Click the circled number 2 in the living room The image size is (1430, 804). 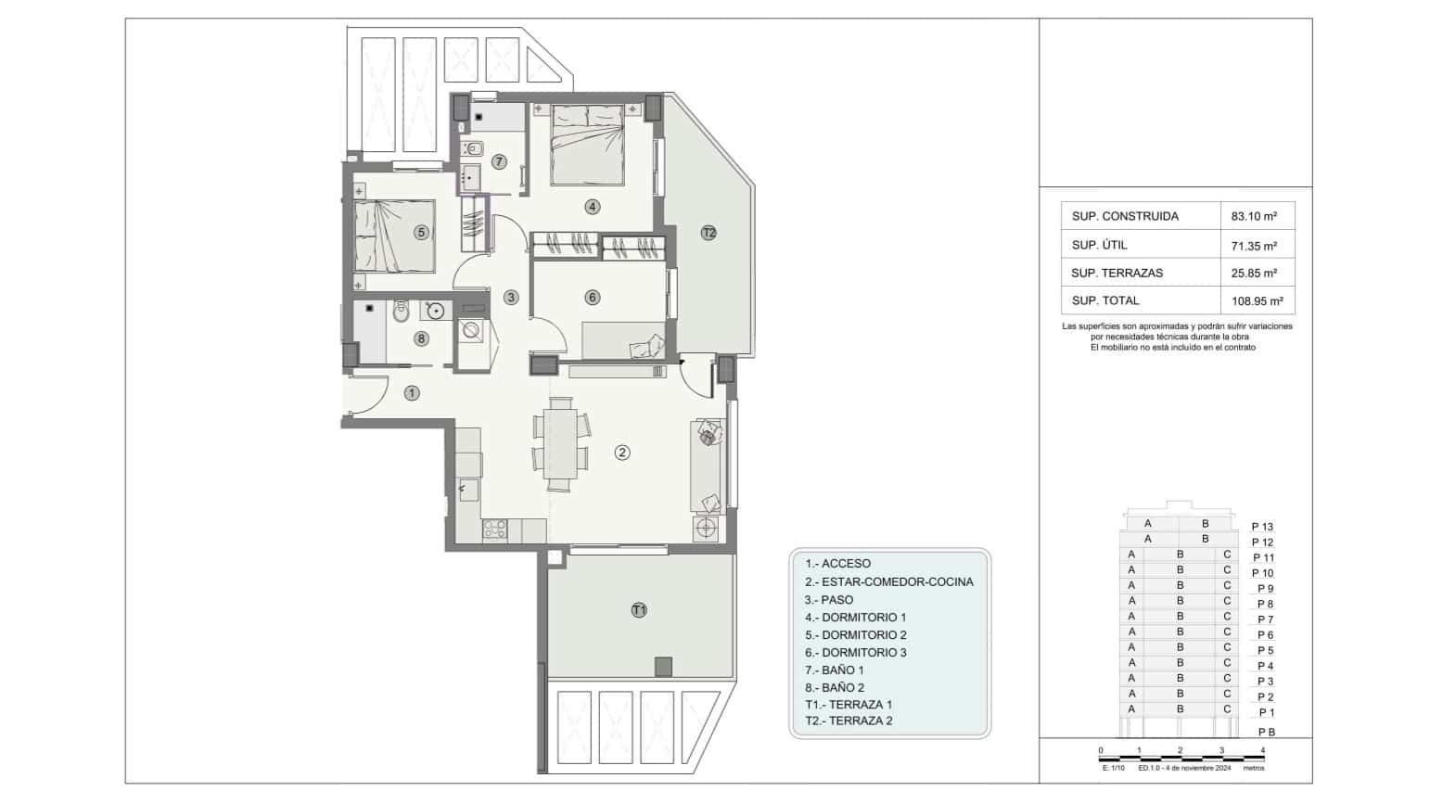coord(622,453)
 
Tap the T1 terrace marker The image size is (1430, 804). coord(639,609)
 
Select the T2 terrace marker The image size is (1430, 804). coord(709,233)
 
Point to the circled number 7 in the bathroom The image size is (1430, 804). coord(499,161)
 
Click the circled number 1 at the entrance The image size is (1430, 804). coord(412,393)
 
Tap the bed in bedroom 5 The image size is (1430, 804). coord(394,236)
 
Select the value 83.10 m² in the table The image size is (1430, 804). coord(1254,216)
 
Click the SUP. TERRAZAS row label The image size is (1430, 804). coord(1117,273)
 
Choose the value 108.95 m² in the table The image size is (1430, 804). coord(1257,301)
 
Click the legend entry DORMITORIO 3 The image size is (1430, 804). coord(856,653)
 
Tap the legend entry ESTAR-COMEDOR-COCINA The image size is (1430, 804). coord(889,581)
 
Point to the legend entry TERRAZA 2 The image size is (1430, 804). coord(849,721)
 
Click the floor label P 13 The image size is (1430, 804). coord(1262,527)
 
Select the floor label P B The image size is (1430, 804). coord(1266,732)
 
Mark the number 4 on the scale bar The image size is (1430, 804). coord(1263,750)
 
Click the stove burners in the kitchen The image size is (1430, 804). coord(494,530)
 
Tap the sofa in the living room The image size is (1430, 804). coord(707,466)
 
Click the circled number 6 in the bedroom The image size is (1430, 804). coord(592,298)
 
